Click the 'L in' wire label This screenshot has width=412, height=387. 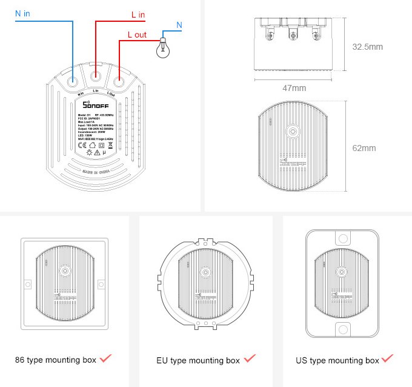click(x=138, y=14)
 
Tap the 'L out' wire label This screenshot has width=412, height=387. click(x=136, y=35)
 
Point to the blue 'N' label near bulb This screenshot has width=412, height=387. click(x=179, y=25)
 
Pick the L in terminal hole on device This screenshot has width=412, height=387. click(x=96, y=76)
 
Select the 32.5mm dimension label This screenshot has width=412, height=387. click(x=367, y=47)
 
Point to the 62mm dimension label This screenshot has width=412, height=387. click(x=364, y=148)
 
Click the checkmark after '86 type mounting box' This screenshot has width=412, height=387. click(x=106, y=358)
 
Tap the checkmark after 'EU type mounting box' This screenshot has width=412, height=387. click(x=249, y=360)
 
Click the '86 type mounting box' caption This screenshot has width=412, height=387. click(x=56, y=360)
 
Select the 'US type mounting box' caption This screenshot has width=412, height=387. click(x=337, y=360)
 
